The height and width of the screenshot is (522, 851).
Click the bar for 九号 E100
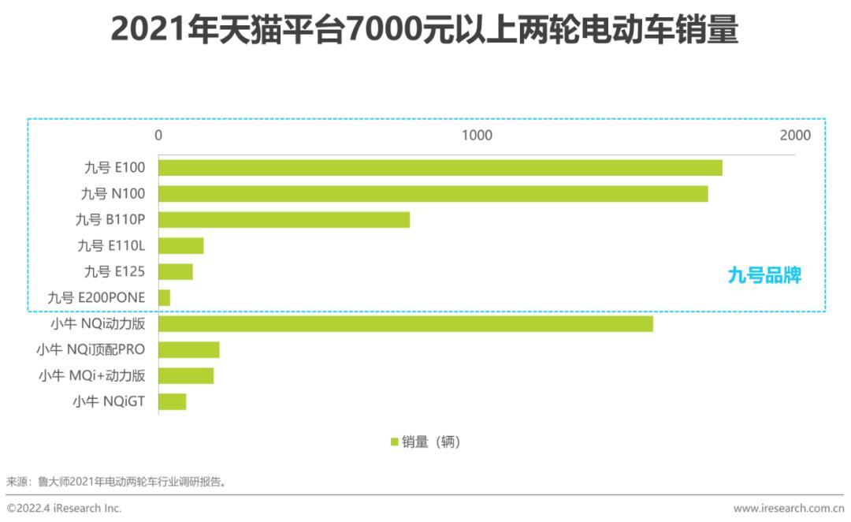(440, 167)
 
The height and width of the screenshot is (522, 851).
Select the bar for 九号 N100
(433, 193)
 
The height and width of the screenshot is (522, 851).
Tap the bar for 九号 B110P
(284, 219)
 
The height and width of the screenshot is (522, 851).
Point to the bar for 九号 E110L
(181, 245)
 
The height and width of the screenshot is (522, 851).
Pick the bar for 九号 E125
(176, 271)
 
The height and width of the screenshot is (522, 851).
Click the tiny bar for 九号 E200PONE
(165, 297)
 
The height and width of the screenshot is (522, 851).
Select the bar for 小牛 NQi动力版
(406, 323)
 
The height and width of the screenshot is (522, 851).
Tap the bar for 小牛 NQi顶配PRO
(189, 350)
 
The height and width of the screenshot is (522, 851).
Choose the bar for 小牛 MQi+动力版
(186, 376)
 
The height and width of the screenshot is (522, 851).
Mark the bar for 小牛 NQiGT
(173, 402)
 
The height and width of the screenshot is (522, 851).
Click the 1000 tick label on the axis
(477, 136)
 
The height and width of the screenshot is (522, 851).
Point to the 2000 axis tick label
(794, 136)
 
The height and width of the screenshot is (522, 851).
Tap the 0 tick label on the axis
(158, 136)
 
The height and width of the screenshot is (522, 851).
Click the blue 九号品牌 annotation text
(764, 275)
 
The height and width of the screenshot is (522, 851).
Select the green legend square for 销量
(395, 442)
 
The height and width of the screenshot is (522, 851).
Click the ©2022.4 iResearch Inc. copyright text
(65, 509)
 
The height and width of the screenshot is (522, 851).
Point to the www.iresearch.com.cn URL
(789, 509)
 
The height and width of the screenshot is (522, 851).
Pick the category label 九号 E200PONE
(96, 297)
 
